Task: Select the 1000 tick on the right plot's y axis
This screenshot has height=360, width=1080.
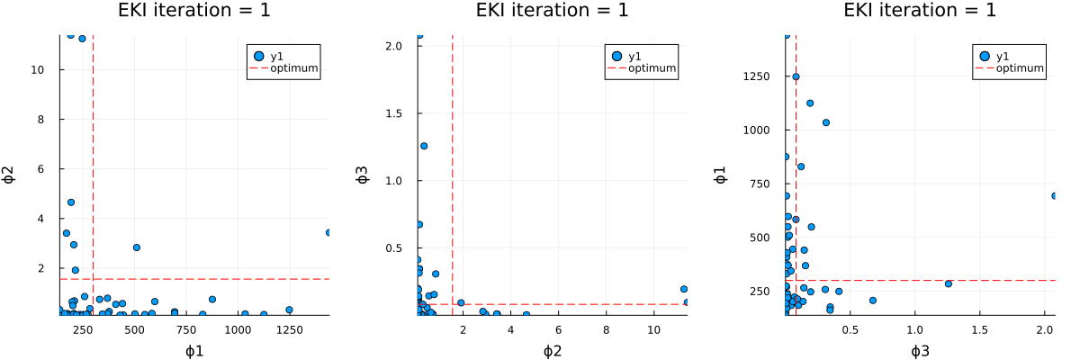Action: coord(757,130)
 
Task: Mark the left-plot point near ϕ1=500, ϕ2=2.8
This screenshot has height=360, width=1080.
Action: coord(137,247)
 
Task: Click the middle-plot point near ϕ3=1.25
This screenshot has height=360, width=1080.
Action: coord(424,146)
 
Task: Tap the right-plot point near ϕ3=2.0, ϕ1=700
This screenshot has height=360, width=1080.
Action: coord(1054,195)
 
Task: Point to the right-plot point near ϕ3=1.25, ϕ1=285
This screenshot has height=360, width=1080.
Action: coord(948,283)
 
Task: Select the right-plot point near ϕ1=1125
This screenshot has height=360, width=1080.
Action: coord(810,103)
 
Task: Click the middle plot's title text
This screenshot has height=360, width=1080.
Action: coord(552,12)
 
